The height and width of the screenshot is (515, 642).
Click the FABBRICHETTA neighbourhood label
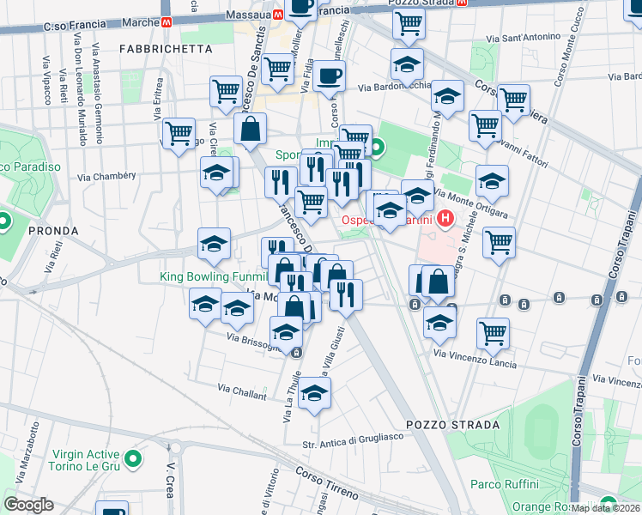[159, 49]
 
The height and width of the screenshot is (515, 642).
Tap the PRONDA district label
[52, 231]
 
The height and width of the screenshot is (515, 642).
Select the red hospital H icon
[445, 220]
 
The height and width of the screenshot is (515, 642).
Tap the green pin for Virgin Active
[133, 460]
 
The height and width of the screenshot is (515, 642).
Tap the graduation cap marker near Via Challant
[315, 393]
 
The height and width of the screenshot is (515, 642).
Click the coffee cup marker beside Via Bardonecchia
[329, 76]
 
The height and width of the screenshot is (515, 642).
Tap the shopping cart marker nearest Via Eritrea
[179, 132]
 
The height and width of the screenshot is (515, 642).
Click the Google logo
[28, 505]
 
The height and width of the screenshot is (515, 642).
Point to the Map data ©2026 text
[606, 508]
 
